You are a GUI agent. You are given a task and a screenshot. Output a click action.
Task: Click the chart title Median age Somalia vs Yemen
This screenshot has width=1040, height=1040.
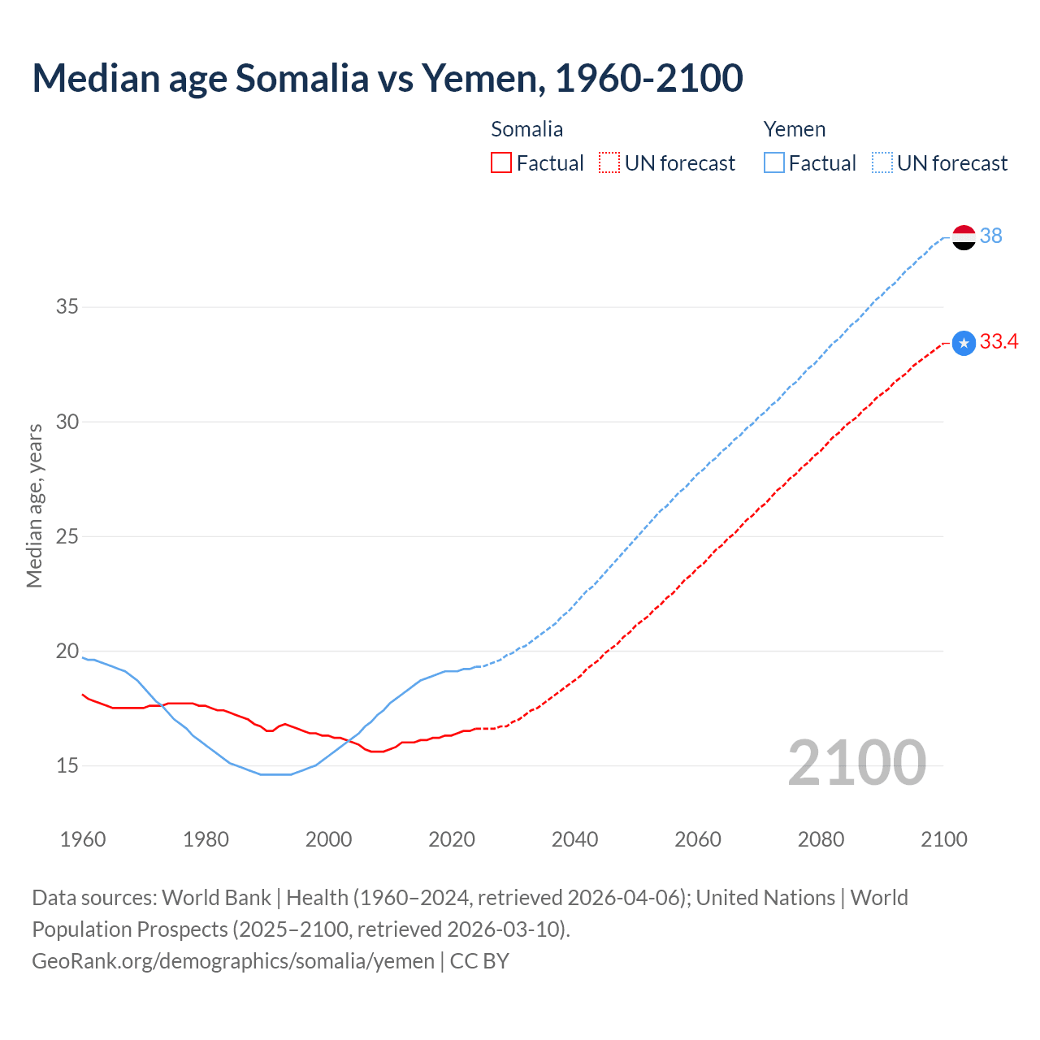pos(387,78)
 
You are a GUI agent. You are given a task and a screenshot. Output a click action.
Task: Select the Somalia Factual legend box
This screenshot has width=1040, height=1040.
pos(501,163)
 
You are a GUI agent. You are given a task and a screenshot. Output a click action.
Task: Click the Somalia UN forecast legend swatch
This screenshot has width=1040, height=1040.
pos(609,163)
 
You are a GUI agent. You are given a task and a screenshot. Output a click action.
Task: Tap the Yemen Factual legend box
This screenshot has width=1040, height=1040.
pos(774,163)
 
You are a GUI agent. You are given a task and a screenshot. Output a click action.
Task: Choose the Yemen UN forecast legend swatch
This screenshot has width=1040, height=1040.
pos(882,163)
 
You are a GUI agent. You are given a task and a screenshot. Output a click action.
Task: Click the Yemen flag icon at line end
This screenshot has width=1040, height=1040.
pos(964,237)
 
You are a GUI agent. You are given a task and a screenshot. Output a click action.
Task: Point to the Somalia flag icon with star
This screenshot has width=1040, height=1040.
pos(964,344)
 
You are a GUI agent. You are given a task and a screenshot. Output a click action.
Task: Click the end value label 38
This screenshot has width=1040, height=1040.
pos(990,236)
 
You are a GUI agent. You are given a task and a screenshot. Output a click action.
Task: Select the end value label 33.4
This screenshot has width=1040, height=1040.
pos(999,342)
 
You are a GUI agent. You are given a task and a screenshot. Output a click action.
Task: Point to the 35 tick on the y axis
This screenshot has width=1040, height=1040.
pos(67,307)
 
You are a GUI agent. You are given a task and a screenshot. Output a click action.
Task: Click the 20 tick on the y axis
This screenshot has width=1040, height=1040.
pos(67,651)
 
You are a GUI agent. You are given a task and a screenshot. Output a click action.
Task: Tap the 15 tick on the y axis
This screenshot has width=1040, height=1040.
pos(67,765)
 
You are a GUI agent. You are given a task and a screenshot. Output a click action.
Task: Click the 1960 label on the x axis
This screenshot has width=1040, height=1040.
pos(83,839)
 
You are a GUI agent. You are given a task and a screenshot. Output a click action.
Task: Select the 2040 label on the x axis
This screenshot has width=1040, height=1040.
pos(574,839)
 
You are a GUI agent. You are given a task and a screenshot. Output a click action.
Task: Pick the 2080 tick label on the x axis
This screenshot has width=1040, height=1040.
pos(821,839)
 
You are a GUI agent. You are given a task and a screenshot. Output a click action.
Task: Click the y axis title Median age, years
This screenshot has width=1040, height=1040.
pos(34,505)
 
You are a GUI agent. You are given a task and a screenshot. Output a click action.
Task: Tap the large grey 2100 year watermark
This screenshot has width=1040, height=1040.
pos(856,762)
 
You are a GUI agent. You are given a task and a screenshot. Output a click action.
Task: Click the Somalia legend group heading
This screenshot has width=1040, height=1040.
pos(526,129)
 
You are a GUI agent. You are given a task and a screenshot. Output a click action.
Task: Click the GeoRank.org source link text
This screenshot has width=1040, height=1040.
pos(233,961)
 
